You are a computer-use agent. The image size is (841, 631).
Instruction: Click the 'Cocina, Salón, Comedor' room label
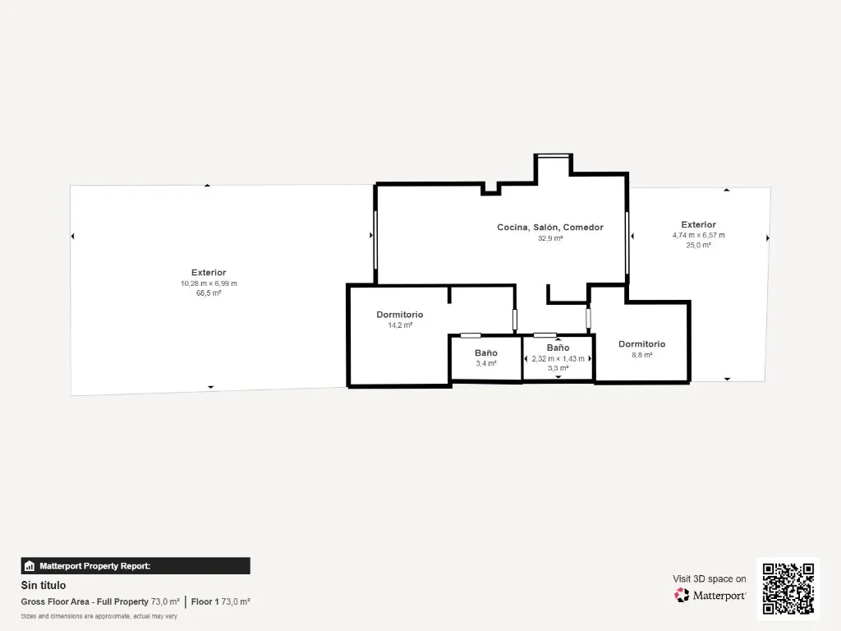[550, 228]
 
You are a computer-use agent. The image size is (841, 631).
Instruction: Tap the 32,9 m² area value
[550, 238]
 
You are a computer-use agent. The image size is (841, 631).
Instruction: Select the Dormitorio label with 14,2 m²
[400, 315]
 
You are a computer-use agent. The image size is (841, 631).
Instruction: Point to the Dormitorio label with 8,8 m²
[641, 344]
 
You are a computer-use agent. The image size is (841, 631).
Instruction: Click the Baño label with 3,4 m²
[486, 353]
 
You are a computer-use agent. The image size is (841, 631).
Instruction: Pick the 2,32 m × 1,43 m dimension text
[558, 358]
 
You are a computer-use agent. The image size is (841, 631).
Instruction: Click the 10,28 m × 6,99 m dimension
[209, 283]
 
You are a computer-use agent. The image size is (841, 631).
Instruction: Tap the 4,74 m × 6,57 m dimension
[698, 235]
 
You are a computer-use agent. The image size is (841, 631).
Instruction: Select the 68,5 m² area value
[209, 293]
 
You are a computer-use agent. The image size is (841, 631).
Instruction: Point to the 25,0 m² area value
[698, 245]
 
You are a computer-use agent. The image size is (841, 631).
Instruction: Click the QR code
[788, 588]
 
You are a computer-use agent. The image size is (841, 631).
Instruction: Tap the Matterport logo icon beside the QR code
[682, 595]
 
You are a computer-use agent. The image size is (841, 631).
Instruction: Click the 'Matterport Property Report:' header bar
[136, 566]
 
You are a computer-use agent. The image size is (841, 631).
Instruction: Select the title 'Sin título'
[44, 585]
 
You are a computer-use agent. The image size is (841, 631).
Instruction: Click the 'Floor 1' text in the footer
[205, 602]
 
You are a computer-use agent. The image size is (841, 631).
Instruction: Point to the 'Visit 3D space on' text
[709, 579]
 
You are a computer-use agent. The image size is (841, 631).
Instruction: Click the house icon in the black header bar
[30, 566]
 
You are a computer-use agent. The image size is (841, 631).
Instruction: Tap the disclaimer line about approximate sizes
[99, 616]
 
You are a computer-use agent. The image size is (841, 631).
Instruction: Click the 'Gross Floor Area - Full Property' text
[85, 602]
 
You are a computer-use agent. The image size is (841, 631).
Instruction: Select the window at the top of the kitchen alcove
[553, 156]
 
